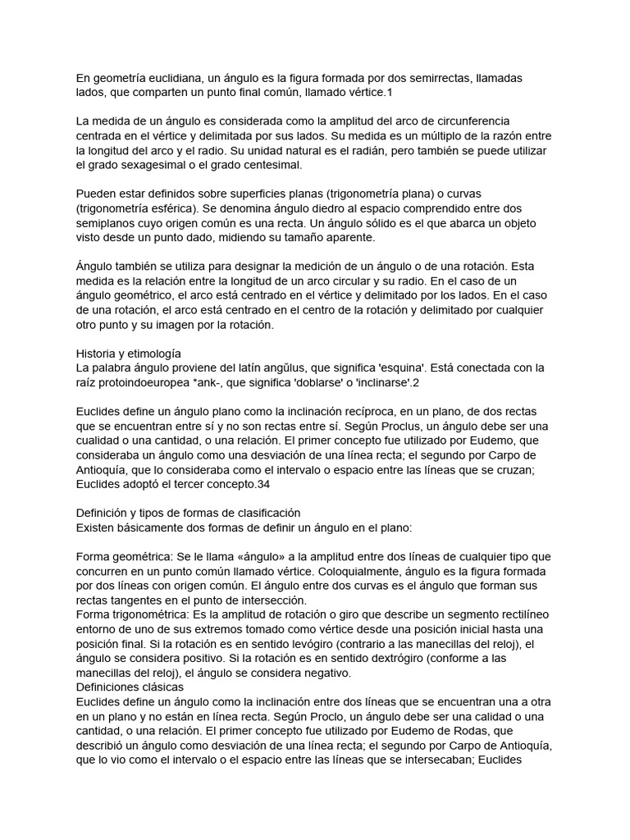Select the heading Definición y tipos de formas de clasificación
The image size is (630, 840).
(x=188, y=513)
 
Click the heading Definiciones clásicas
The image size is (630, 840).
(x=130, y=687)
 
